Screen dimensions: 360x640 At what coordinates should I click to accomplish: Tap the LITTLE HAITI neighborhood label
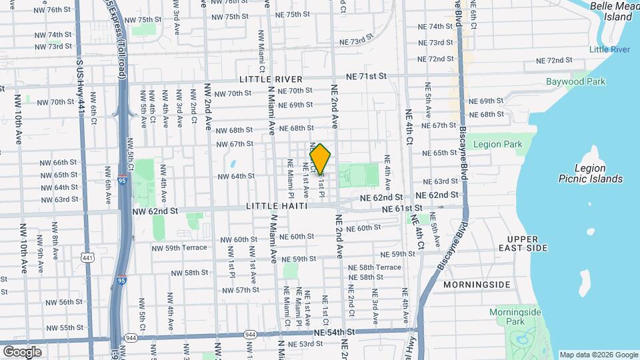tap(277, 207)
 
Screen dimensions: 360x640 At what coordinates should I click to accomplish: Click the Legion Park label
tap(497, 144)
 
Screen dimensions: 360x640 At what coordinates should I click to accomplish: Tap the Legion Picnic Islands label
tap(589, 173)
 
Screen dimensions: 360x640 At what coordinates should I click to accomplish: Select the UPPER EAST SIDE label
tap(527, 243)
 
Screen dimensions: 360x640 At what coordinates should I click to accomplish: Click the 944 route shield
tap(251, 334)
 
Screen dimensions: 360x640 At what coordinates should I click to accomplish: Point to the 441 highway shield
tap(87, 257)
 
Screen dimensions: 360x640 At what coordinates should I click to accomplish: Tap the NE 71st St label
tap(364, 76)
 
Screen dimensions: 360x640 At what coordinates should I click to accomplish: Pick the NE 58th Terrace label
tap(380, 267)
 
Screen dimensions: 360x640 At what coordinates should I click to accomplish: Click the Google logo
tap(21, 351)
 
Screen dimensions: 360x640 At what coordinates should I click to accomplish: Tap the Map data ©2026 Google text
tap(598, 355)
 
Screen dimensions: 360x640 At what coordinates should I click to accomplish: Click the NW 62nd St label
tap(155, 211)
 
